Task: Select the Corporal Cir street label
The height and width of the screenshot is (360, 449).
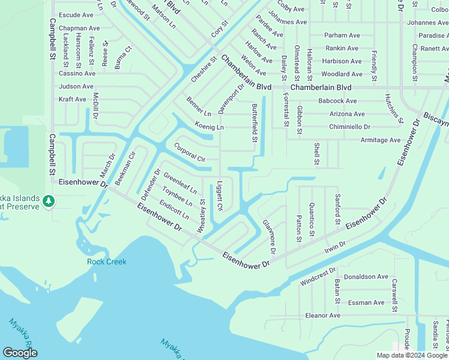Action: click(190, 152)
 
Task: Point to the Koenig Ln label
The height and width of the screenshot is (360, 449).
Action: click(209, 127)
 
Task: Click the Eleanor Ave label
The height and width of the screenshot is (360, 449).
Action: click(323, 315)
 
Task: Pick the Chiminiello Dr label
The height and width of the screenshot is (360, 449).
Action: click(349, 127)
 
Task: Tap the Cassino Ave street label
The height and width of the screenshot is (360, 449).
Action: click(77, 73)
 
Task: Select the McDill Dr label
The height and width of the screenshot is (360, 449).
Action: click(95, 108)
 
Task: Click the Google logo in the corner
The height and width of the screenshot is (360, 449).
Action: click(20, 353)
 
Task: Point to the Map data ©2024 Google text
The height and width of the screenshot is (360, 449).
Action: click(412, 355)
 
